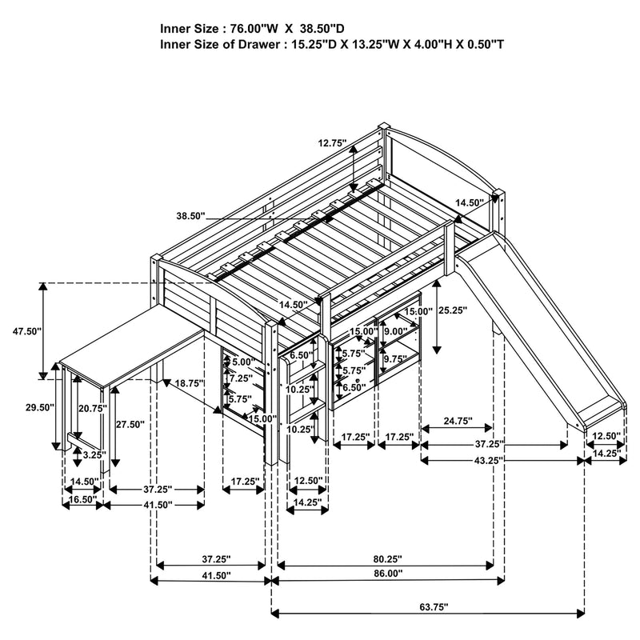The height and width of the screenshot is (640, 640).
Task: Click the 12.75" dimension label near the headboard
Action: (331, 143)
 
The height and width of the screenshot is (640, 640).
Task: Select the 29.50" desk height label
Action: (38, 407)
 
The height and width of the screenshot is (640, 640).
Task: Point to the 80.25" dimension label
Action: (386, 558)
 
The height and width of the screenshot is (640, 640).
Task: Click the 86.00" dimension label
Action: (386, 574)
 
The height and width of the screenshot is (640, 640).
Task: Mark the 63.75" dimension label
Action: (427, 607)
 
